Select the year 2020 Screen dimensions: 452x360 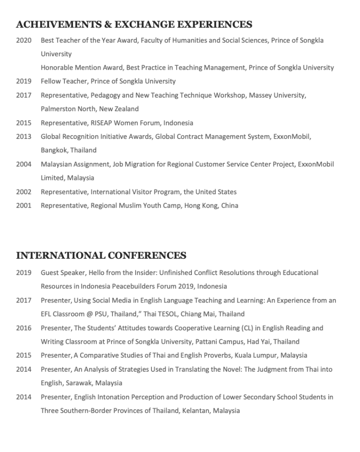point(24,40)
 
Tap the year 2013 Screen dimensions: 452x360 point(24,137)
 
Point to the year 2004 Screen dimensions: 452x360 point(24,164)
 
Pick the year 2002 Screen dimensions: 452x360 point(24,192)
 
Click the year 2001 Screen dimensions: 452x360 point(24,206)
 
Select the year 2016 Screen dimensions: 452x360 point(24,328)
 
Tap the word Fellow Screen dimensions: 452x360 point(50,81)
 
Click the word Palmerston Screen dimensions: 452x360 point(58,109)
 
